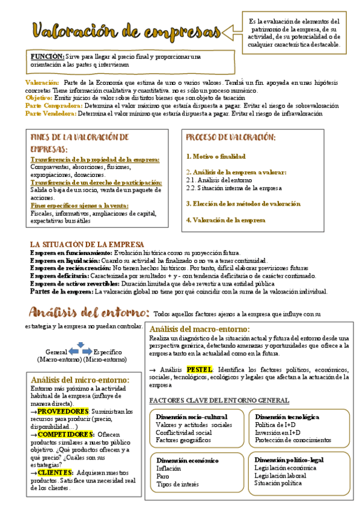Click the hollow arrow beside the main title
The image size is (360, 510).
pyautogui.click(x=232, y=31)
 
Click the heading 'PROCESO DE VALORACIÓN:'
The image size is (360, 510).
pyautogui.click(x=231, y=138)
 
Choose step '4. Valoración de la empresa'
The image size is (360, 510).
pyautogui.click(x=225, y=220)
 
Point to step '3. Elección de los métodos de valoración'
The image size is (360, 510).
pyautogui.click(x=243, y=204)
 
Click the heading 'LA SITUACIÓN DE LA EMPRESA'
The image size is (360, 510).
pyautogui.click(x=87, y=244)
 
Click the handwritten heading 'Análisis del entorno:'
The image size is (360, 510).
pyautogui.click(x=89, y=313)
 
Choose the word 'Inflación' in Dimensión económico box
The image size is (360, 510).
pyautogui.click(x=168, y=468)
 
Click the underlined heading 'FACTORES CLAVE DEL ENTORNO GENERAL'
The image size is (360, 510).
pyautogui.click(x=219, y=401)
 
